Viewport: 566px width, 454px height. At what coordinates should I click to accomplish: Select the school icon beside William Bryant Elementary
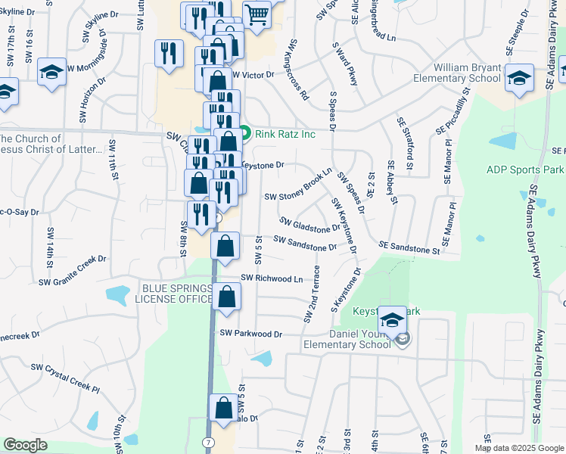point(519,78)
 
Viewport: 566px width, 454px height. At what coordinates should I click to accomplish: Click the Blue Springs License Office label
point(174,294)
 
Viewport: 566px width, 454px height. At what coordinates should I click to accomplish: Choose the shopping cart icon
point(257,14)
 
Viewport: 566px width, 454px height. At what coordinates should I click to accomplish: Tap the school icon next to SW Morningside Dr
point(52,73)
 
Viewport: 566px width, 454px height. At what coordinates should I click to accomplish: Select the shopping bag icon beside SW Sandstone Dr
point(225,247)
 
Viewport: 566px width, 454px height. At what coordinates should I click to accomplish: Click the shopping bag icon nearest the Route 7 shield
point(225,409)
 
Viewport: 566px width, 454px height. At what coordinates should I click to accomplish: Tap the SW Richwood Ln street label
point(272,278)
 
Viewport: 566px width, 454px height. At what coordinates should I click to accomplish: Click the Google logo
point(26,445)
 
